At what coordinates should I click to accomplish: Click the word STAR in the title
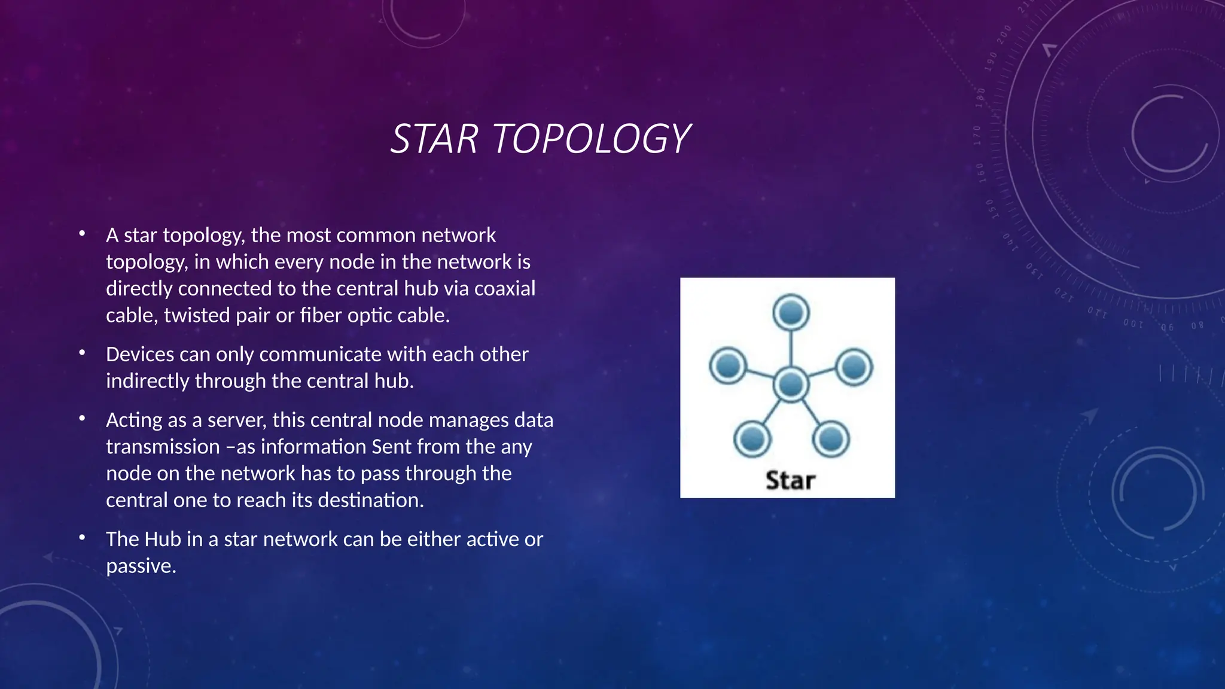(434, 139)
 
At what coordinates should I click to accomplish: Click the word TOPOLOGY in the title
(591, 139)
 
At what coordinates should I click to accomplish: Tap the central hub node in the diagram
(791, 385)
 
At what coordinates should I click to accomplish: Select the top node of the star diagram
(791, 312)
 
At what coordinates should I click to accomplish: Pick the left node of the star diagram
(728, 365)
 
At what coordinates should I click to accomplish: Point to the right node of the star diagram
(854, 366)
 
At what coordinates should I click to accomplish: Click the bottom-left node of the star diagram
(752, 439)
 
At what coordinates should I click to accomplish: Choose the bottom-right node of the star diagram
(830, 439)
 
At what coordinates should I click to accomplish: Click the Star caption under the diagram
(790, 480)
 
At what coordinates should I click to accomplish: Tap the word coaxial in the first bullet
(505, 288)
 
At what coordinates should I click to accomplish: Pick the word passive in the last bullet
(141, 566)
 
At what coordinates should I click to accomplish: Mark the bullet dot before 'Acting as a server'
(82, 419)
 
